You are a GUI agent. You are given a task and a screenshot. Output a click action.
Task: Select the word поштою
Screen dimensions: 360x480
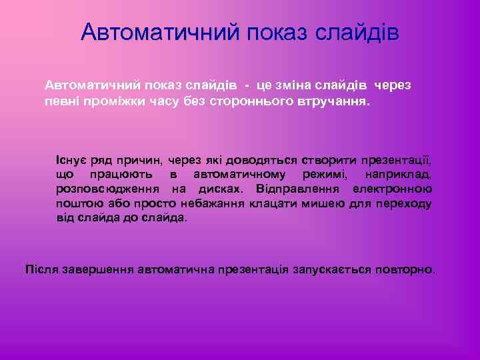coord(78,203)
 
